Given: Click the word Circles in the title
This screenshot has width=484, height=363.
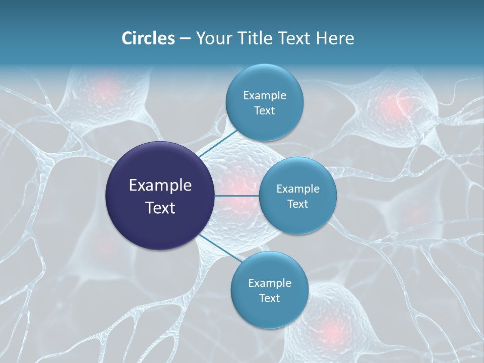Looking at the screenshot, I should [x=148, y=38].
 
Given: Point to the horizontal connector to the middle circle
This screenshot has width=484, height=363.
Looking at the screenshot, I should [x=237, y=196].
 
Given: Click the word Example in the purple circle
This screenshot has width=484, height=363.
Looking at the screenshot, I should [x=160, y=186].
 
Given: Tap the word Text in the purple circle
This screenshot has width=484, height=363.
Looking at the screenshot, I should [x=160, y=207].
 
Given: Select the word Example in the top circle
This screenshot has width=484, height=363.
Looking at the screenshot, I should [x=265, y=96].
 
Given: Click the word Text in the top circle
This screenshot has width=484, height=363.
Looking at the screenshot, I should [x=264, y=111].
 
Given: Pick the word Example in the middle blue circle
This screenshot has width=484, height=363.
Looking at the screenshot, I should [x=298, y=189].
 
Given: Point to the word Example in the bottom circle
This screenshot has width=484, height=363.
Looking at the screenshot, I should [x=270, y=283].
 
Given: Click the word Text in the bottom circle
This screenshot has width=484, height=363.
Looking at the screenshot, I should [x=269, y=298].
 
